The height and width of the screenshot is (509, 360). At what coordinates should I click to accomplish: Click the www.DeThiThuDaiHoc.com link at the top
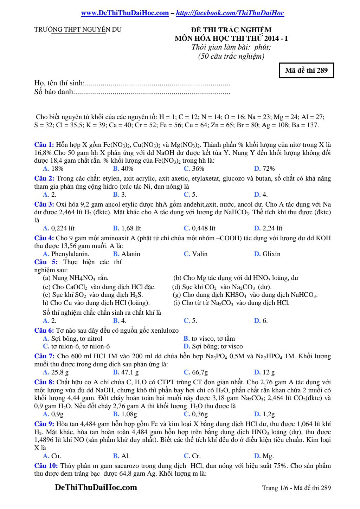(125, 13)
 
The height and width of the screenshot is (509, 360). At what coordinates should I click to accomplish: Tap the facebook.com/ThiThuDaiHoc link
(230, 13)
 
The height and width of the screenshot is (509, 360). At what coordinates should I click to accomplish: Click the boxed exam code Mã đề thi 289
(306, 70)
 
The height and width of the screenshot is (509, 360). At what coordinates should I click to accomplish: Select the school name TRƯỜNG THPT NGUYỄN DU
(78, 30)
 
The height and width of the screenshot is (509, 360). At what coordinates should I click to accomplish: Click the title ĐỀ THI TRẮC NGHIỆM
(231, 30)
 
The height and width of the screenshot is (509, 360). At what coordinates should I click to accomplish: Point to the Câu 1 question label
(44, 145)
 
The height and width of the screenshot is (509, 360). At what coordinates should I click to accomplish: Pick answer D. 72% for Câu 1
(264, 169)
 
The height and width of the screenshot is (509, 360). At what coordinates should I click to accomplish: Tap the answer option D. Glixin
(267, 254)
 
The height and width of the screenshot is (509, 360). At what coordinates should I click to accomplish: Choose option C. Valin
(195, 254)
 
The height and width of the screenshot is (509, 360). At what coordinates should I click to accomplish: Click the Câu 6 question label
(44, 331)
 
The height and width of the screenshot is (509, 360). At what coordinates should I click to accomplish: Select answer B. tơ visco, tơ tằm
(209, 339)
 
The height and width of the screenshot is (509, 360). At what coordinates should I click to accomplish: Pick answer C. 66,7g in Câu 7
(196, 372)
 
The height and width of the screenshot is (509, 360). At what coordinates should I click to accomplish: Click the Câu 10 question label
(46, 466)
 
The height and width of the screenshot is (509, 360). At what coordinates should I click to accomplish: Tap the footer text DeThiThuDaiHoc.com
(96, 488)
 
